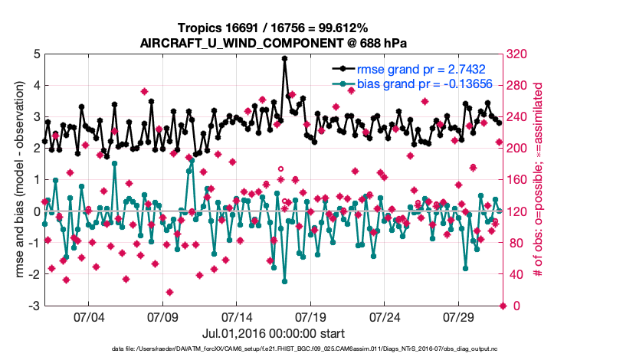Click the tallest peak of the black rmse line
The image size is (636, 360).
(x=285, y=58)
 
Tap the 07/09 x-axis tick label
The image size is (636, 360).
(x=162, y=316)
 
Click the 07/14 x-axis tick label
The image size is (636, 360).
(x=237, y=316)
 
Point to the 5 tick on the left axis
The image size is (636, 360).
(x=37, y=54)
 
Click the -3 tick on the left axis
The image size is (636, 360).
(x=34, y=306)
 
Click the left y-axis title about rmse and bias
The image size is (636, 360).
(x=18, y=180)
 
